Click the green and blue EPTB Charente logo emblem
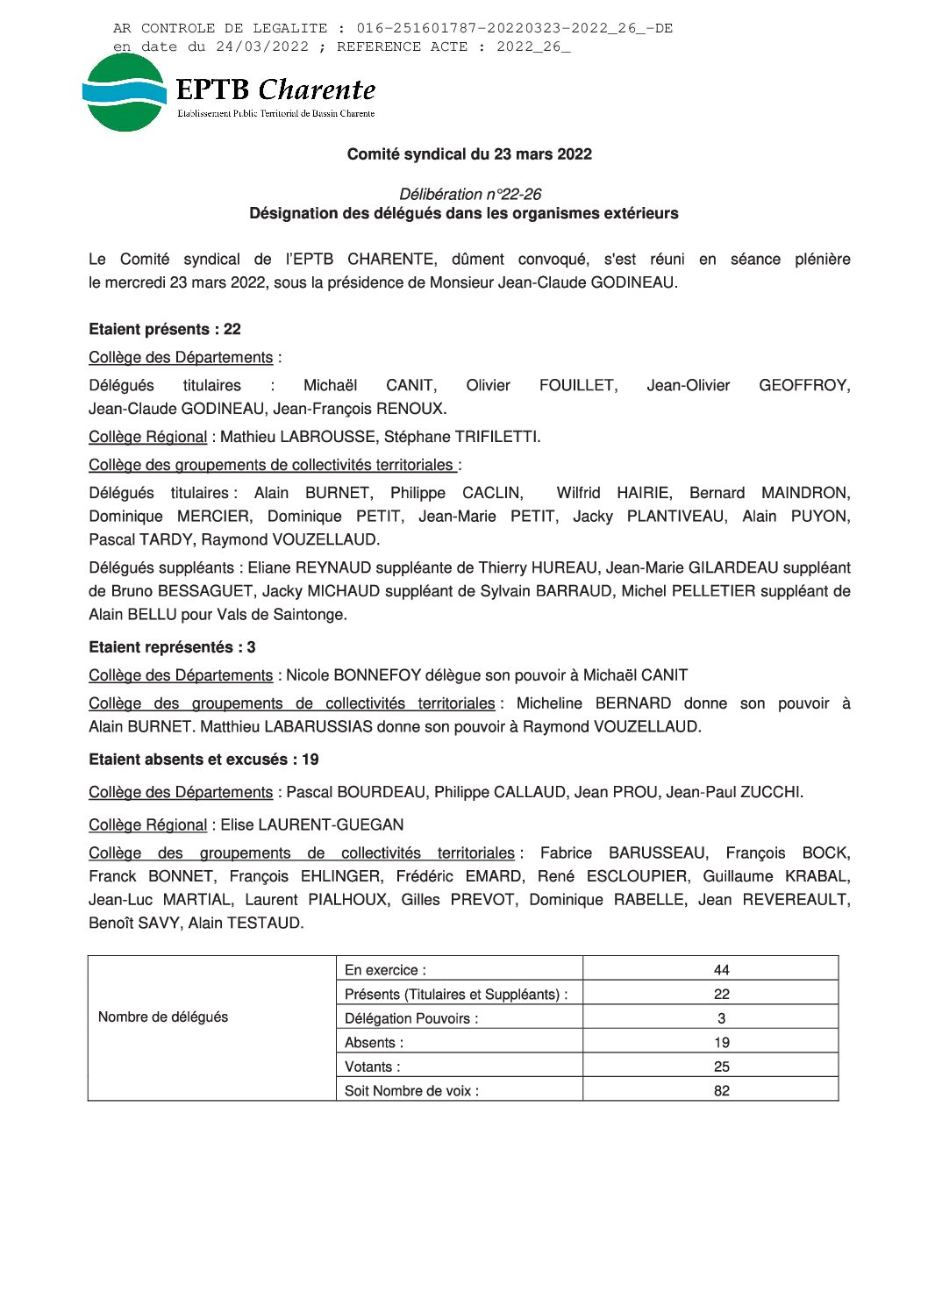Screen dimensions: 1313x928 (x=124, y=93)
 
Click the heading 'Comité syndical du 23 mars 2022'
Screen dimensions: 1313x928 (x=469, y=154)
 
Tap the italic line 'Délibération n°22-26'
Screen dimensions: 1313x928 (x=470, y=194)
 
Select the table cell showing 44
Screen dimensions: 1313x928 (x=721, y=970)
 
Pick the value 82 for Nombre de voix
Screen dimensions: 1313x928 (x=721, y=1091)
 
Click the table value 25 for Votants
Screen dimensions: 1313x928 (x=721, y=1067)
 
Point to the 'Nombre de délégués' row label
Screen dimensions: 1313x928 (x=163, y=1017)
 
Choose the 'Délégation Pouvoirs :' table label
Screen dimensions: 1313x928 (x=411, y=1018)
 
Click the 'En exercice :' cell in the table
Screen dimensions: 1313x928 (x=385, y=970)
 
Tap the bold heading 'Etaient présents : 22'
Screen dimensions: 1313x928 (x=165, y=330)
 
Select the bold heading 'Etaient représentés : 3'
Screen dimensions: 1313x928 (x=172, y=647)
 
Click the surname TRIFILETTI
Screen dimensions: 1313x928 (x=496, y=437)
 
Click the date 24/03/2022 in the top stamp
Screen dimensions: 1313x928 (x=262, y=46)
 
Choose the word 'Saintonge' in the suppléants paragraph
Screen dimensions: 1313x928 (x=311, y=615)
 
